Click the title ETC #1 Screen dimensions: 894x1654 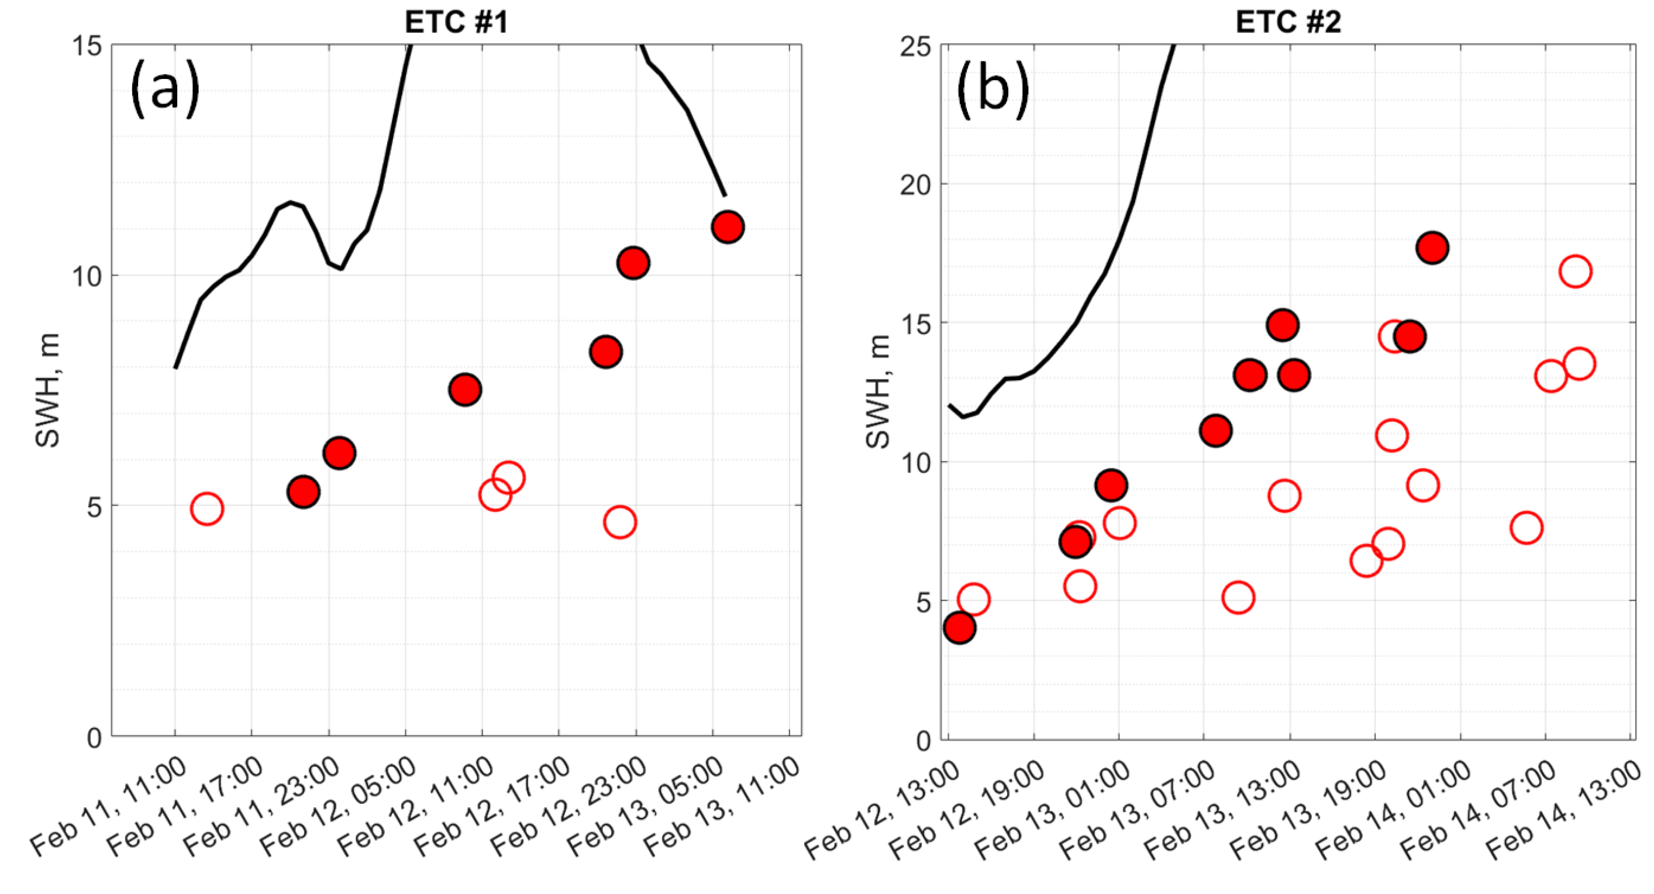[x=456, y=22]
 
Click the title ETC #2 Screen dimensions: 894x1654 [x=1287, y=22]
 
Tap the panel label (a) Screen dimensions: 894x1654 [x=165, y=90]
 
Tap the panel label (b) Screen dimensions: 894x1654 [x=992, y=90]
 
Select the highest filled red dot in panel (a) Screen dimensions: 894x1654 [x=728, y=226]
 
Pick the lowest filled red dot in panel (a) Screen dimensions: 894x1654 [x=304, y=492]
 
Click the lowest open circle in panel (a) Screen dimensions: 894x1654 [x=619, y=522]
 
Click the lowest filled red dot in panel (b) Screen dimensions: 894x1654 [x=960, y=627]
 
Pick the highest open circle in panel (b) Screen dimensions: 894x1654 [x=1575, y=271]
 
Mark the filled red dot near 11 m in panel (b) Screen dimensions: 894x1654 [x=1215, y=430]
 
